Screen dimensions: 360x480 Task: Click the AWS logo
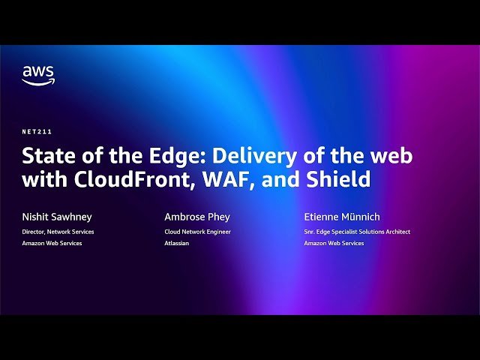pyautogui.click(x=38, y=75)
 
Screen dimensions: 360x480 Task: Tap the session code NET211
pyautogui.click(x=37, y=131)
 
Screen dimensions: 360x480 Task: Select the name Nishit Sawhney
pyautogui.click(x=57, y=217)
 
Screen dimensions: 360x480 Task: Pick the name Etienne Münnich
pyautogui.click(x=343, y=217)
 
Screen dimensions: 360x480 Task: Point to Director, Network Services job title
pyautogui.click(x=58, y=232)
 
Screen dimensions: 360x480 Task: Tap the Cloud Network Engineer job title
pyautogui.click(x=197, y=232)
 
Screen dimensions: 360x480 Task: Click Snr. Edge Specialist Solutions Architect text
pyautogui.click(x=357, y=232)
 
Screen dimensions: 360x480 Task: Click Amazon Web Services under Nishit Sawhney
pyautogui.click(x=52, y=243)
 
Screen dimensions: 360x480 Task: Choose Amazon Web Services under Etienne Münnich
pyautogui.click(x=334, y=243)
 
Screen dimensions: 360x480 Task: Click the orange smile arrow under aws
pyautogui.click(x=38, y=82)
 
